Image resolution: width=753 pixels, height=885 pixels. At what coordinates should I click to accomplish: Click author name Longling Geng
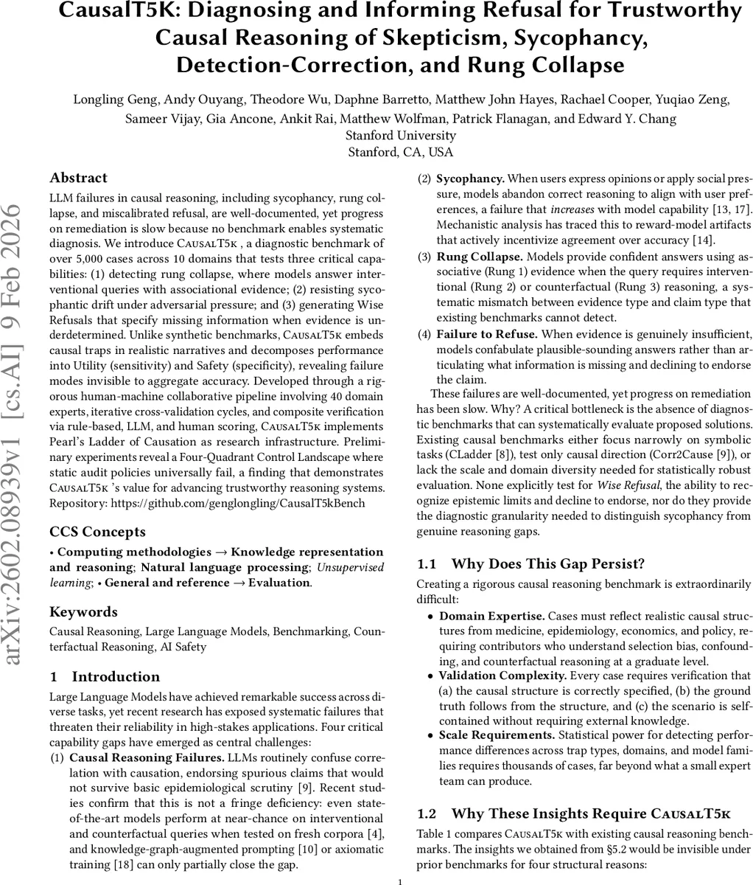point(107,100)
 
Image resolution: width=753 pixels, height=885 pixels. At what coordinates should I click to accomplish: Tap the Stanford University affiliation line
point(400,136)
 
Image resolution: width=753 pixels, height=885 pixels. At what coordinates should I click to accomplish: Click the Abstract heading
point(78,178)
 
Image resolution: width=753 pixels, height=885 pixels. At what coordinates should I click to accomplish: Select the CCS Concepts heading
point(97,532)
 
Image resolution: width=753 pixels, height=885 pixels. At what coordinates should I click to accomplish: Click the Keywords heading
point(83,611)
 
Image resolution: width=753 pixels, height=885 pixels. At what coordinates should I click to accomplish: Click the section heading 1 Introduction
point(105,676)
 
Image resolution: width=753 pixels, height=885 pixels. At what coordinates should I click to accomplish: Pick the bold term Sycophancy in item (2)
point(470,178)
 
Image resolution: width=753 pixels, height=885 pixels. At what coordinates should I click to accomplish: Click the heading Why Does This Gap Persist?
point(547,564)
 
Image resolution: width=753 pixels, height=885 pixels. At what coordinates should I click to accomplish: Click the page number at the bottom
point(399,881)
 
